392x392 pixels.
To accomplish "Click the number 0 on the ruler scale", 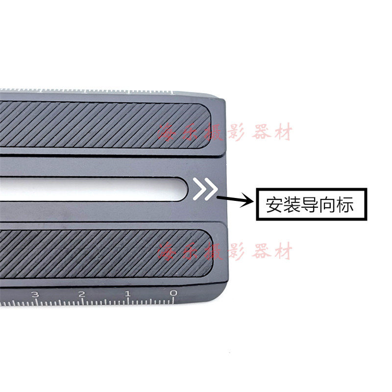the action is click(x=173, y=294).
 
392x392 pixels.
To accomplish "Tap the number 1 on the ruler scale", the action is click(x=127, y=294).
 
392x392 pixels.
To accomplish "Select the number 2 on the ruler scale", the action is click(x=81, y=294).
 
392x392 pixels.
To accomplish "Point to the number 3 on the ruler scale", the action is click(x=35, y=295).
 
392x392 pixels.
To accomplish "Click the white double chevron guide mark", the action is click(x=205, y=189).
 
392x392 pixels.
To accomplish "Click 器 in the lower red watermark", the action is click(x=259, y=251).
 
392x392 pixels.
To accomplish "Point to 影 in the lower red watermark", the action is click(x=235, y=251).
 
